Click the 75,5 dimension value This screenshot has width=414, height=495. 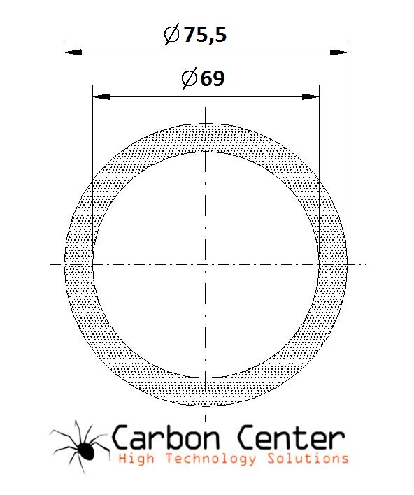(206, 34)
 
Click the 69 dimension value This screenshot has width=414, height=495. (213, 78)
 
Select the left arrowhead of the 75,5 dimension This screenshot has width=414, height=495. (73, 52)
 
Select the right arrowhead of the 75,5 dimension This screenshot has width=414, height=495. (339, 52)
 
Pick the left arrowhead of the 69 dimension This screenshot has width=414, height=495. (101, 96)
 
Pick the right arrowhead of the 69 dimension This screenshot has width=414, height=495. (310, 96)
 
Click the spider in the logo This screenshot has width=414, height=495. (80, 447)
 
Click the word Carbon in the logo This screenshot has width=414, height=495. (166, 438)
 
